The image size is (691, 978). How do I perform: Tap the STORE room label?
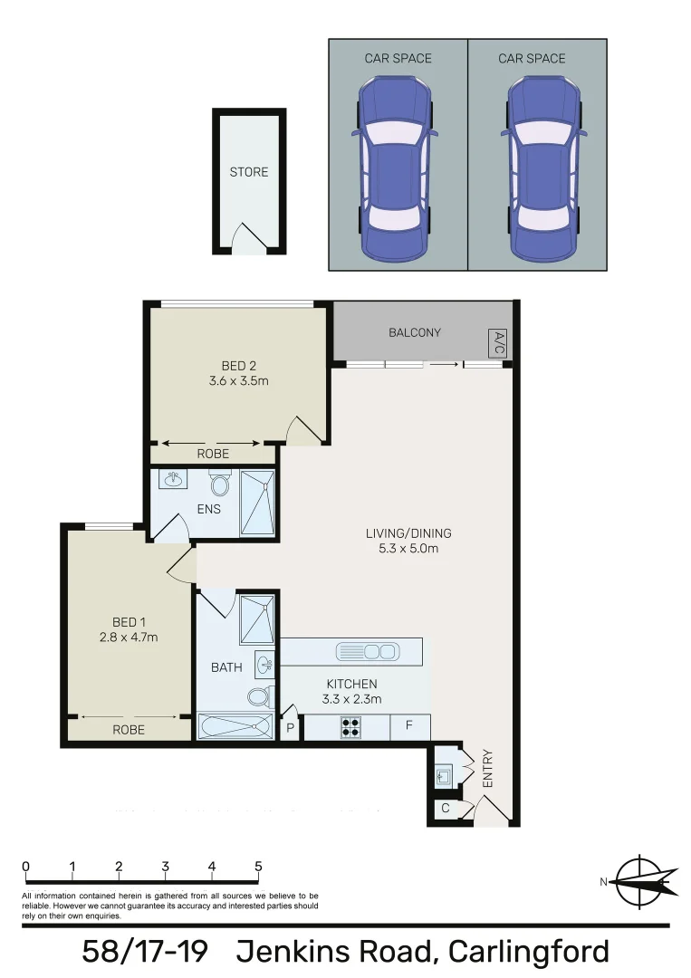coord(248,172)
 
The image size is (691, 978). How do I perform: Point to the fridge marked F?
coord(409,726)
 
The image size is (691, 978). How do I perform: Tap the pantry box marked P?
coord(291,728)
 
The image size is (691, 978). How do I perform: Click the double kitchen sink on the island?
coord(367,650)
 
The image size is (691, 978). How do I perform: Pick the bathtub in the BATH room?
coord(235,726)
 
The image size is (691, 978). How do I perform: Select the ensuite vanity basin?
coord(173,479)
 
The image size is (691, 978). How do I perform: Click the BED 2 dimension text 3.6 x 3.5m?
coord(238,381)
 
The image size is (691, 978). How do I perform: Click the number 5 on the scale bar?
coord(258,866)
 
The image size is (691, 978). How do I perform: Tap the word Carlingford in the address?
coord(529,952)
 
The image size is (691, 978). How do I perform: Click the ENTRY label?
coord(487,768)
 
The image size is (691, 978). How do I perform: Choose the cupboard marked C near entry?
coord(445,809)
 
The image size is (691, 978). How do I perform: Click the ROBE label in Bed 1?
coord(129,729)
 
